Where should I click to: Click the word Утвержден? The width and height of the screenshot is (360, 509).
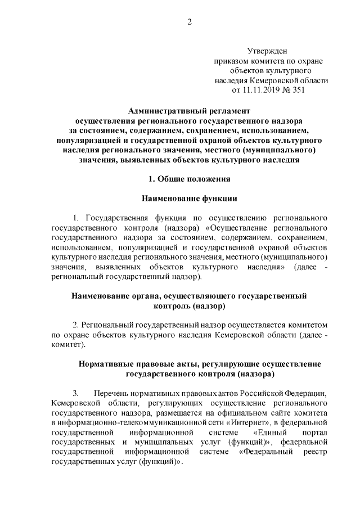point(270,51)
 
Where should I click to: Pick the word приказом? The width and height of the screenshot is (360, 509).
point(229,61)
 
